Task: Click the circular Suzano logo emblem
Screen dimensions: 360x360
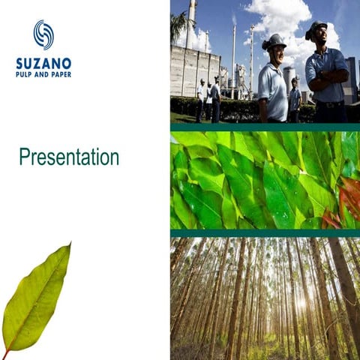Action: tap(43, 35)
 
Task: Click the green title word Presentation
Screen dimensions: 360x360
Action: tap(69, 157)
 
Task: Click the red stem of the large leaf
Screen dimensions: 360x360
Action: tap(7, 352)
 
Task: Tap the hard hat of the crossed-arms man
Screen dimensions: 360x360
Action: tap(316, 28)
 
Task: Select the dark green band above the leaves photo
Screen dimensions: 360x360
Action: tap(265, 127)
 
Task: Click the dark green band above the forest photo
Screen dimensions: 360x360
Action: tap(265, 233)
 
